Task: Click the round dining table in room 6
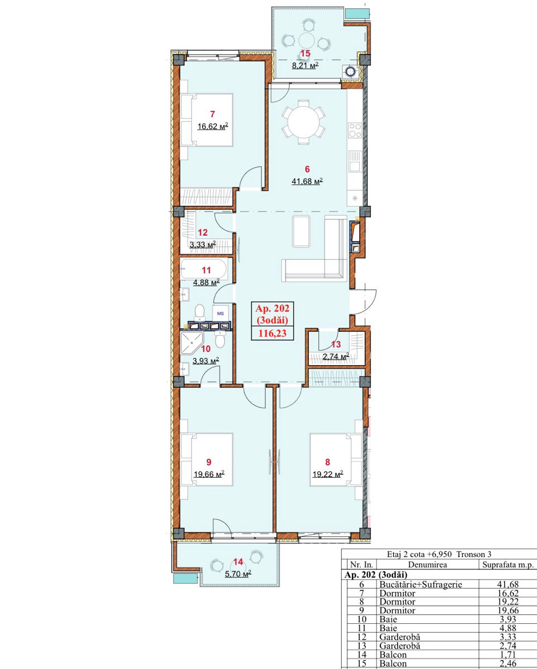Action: coord(303,122)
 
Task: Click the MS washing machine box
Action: coord(220,313)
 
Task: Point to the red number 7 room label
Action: coord(212,114)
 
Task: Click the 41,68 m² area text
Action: coord(307,181)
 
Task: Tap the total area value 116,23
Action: coord(272,333)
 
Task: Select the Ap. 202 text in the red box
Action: coord(272,308)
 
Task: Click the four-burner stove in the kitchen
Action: coord(355,130)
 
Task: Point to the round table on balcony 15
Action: coord(307,40)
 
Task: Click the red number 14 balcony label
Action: coord(238,562)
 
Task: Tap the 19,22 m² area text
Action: coord(328,474)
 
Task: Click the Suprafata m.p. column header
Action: coord(508,565)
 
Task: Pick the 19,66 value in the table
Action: coord(508,610)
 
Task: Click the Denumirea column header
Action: coord(427,565)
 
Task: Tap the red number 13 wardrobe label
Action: coord(336,344)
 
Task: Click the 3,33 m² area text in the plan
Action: coord(203,244)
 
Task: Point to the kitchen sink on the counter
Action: coord(355,161)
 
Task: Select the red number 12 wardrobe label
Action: coord(203,232)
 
